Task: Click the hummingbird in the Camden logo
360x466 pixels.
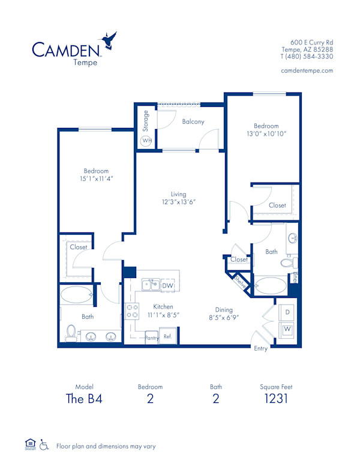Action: [x=110, y=40]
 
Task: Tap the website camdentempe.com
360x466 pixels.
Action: [x=307, y=70]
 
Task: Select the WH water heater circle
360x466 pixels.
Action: [x=146, y=141]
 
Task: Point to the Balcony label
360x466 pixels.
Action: [x=193, y=121]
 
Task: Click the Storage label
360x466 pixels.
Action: [x=145, y=120]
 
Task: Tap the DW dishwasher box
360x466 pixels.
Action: [x=168, y=286]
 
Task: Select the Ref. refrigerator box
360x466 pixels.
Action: [x=167, y=336]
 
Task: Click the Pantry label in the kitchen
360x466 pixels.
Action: [x=152, y=338]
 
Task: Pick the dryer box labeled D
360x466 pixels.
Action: [x=287, y=313]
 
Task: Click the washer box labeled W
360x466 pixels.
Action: [x=287, y=329]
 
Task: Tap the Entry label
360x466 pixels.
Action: [x=261, y=349]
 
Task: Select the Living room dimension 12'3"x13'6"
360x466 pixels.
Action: [x=178, y=202]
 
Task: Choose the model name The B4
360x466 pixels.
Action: [x=85, y=399]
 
